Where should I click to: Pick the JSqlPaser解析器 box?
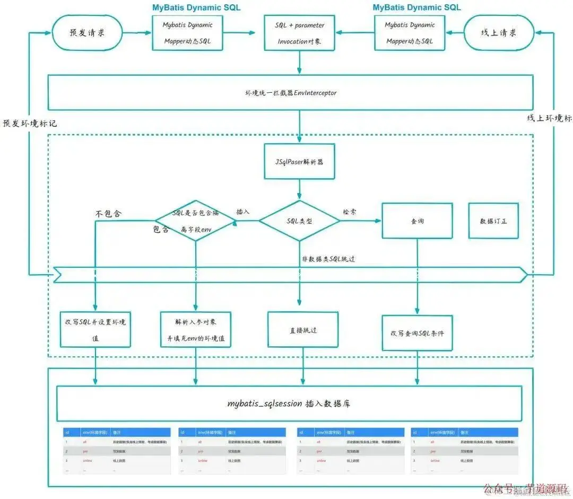300,161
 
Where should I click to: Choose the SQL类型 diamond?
299,221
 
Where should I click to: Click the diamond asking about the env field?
196,221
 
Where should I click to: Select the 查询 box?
418,221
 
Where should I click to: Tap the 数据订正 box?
493,221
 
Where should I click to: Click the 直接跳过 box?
303,330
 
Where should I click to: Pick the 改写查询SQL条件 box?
417,333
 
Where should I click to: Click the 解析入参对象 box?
196,329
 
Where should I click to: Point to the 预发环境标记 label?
30,123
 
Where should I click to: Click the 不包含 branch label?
108,214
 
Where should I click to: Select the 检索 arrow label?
350,212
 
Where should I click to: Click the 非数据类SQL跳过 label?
328,258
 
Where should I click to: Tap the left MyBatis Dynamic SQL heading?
196,7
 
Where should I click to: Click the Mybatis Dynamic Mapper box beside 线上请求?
410,33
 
